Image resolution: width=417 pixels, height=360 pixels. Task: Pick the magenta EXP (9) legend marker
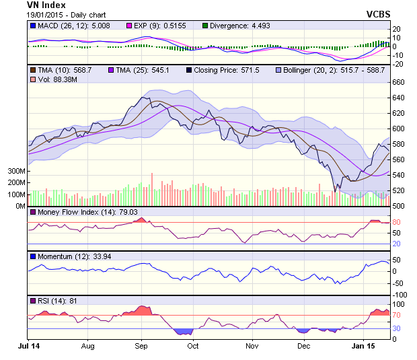(128, 26)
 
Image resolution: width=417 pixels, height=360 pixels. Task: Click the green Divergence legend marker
(206, 26)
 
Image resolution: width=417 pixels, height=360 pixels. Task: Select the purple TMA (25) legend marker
(112, 70)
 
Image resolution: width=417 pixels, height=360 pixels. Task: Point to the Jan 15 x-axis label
(363, 346)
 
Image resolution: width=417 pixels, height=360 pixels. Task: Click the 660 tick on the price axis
(399, 83)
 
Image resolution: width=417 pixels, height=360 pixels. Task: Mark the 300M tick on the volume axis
(16, 172)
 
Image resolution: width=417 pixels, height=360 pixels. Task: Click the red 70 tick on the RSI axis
(397, 314)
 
